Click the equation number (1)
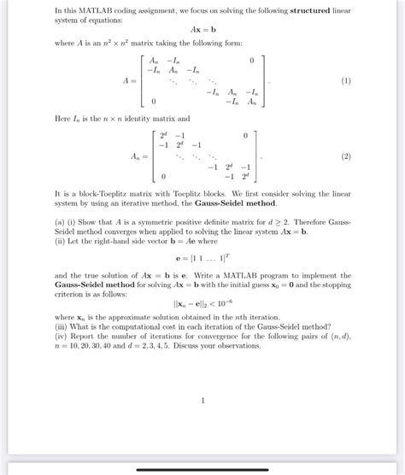[345, 81]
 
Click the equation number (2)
[345, 156]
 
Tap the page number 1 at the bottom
[202, 399]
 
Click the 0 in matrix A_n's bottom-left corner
[162, 176]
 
